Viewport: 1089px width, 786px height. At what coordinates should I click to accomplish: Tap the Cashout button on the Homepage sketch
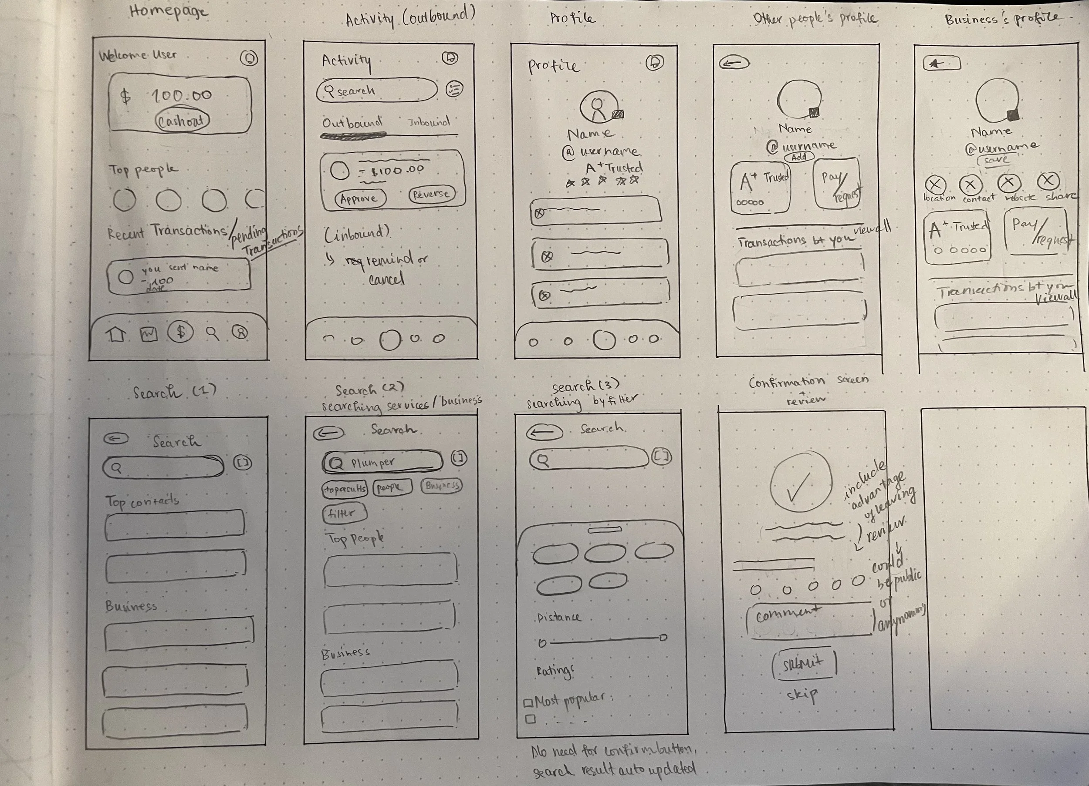[182, 121]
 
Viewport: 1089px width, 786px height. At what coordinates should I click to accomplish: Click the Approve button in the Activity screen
[360, 198]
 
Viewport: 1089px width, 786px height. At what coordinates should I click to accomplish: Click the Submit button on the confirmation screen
[803, 664]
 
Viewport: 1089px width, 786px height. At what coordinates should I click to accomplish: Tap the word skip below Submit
[802, 694]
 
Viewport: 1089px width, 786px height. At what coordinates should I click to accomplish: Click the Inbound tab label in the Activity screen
[428, 122]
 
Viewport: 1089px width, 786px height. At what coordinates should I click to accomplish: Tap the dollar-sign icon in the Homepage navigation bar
[180, 332]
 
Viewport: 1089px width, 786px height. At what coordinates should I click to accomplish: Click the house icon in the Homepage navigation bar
[116, 334]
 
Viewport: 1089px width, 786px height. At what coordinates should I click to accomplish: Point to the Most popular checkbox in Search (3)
[528, 703]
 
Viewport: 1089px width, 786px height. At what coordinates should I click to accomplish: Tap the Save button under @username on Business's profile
[996, 160]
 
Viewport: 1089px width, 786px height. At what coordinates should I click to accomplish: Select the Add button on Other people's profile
[798, 157]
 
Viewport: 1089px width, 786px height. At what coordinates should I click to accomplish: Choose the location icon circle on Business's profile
[935, 185]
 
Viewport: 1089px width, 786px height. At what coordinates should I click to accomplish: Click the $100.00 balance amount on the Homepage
[181, 95]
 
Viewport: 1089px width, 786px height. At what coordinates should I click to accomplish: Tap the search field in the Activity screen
[376, 90]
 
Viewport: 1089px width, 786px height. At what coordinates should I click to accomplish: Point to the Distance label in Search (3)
[558, 617]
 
